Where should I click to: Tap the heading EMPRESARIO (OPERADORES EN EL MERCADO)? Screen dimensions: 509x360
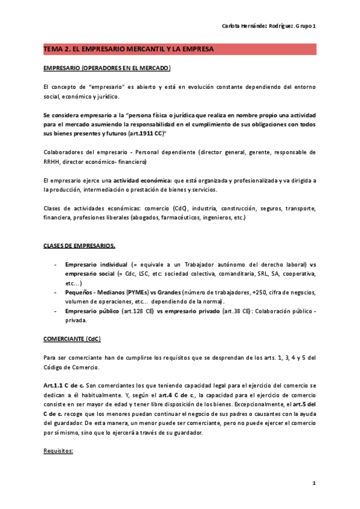(107, 68)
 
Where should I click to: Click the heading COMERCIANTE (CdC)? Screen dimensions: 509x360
(72, 339)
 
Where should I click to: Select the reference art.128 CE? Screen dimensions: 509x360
(138, 311)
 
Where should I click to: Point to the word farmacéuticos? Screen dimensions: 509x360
(169, 218)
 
